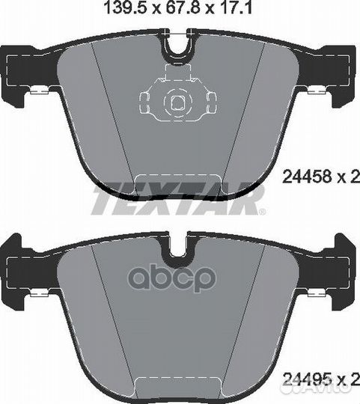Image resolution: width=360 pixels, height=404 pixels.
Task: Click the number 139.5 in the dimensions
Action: click(x=125, y=8)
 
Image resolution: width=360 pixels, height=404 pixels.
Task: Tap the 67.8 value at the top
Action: click(x=183, y=8)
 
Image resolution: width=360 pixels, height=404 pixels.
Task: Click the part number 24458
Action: click(x=307, y=177)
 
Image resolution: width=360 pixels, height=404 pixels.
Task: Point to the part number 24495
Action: click(x=307, y=386)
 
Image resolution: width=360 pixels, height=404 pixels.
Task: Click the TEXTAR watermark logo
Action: click(x=178, y=198)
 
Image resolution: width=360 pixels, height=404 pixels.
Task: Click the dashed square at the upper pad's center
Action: click(x=178, y=102)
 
